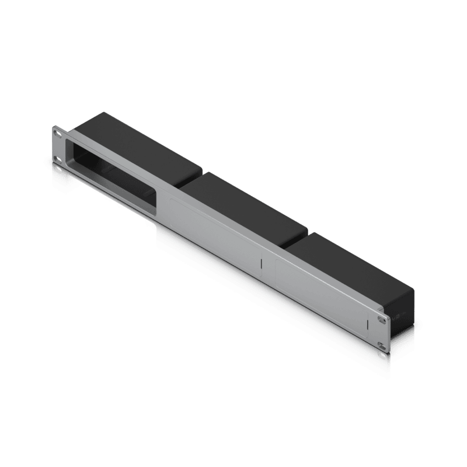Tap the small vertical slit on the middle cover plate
point(262,264)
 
